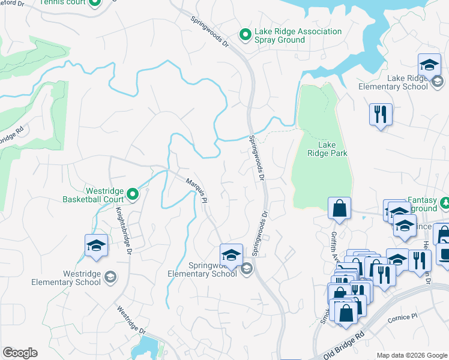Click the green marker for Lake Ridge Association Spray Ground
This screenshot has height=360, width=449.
coord(245,35)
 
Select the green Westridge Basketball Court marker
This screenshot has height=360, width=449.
coord(133,194)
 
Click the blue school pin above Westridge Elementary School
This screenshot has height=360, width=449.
coord(95,245)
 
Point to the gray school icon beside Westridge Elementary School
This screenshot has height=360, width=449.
coord(110,277)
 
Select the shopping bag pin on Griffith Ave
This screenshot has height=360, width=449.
coord(339,208)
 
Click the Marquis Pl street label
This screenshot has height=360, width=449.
coord(196,191)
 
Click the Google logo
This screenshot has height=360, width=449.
coord(20,353)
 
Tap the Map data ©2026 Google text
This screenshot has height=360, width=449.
coord(411,355)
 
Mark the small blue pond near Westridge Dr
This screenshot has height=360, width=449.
coord(146,347)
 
